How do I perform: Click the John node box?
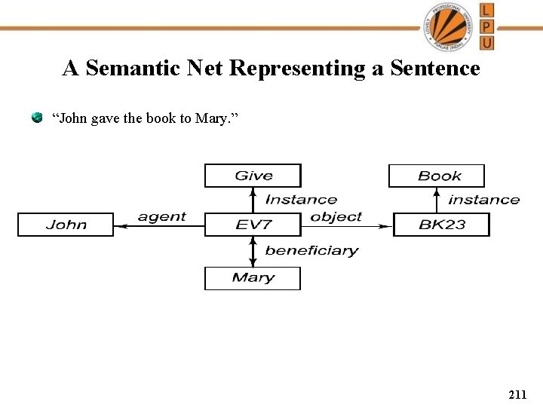pyautogui.click(x=66, y=225)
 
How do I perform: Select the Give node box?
pyautogui.click(x=253, y=176)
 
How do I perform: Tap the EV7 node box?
pyautogui.click(x=253, y=225)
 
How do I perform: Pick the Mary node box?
pyautogui.click(x=253, y=278)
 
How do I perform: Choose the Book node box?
pyautogui.click(x=437, y=176)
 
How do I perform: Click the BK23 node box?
pyautogui.click(x=441, y=225)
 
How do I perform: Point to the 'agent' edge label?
pyautogui.click(x=161, y=216)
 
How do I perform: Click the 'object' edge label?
pyautogui.click(x=336, y=216)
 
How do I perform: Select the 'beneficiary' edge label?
pyautogui.click(x=311, y=250)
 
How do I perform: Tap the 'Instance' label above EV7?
pyautogui.click(x=301, y=200)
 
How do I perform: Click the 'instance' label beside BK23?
pyautogui.click(x=483, y=200)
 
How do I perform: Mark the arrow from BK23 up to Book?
pyautogui.click(x=437, y=200)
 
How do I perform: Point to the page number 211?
pyautogui.click(x=517, y=394)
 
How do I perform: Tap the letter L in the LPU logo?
pyautogui.click(x=487, y=10)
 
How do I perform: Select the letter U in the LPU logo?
pyautogui.click(x=487, y=41)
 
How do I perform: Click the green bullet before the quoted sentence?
pyautogui.click(x=36, y=118)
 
